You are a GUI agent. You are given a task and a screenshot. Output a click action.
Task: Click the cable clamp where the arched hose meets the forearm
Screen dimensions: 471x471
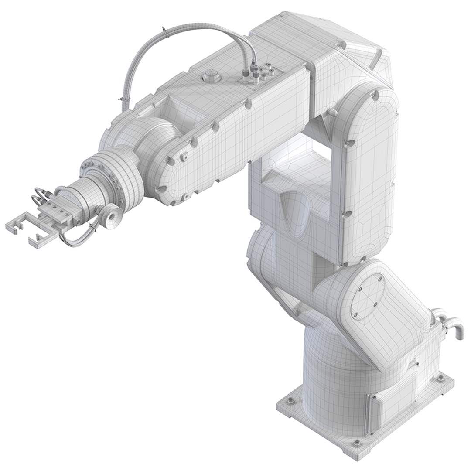click(123, 103)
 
